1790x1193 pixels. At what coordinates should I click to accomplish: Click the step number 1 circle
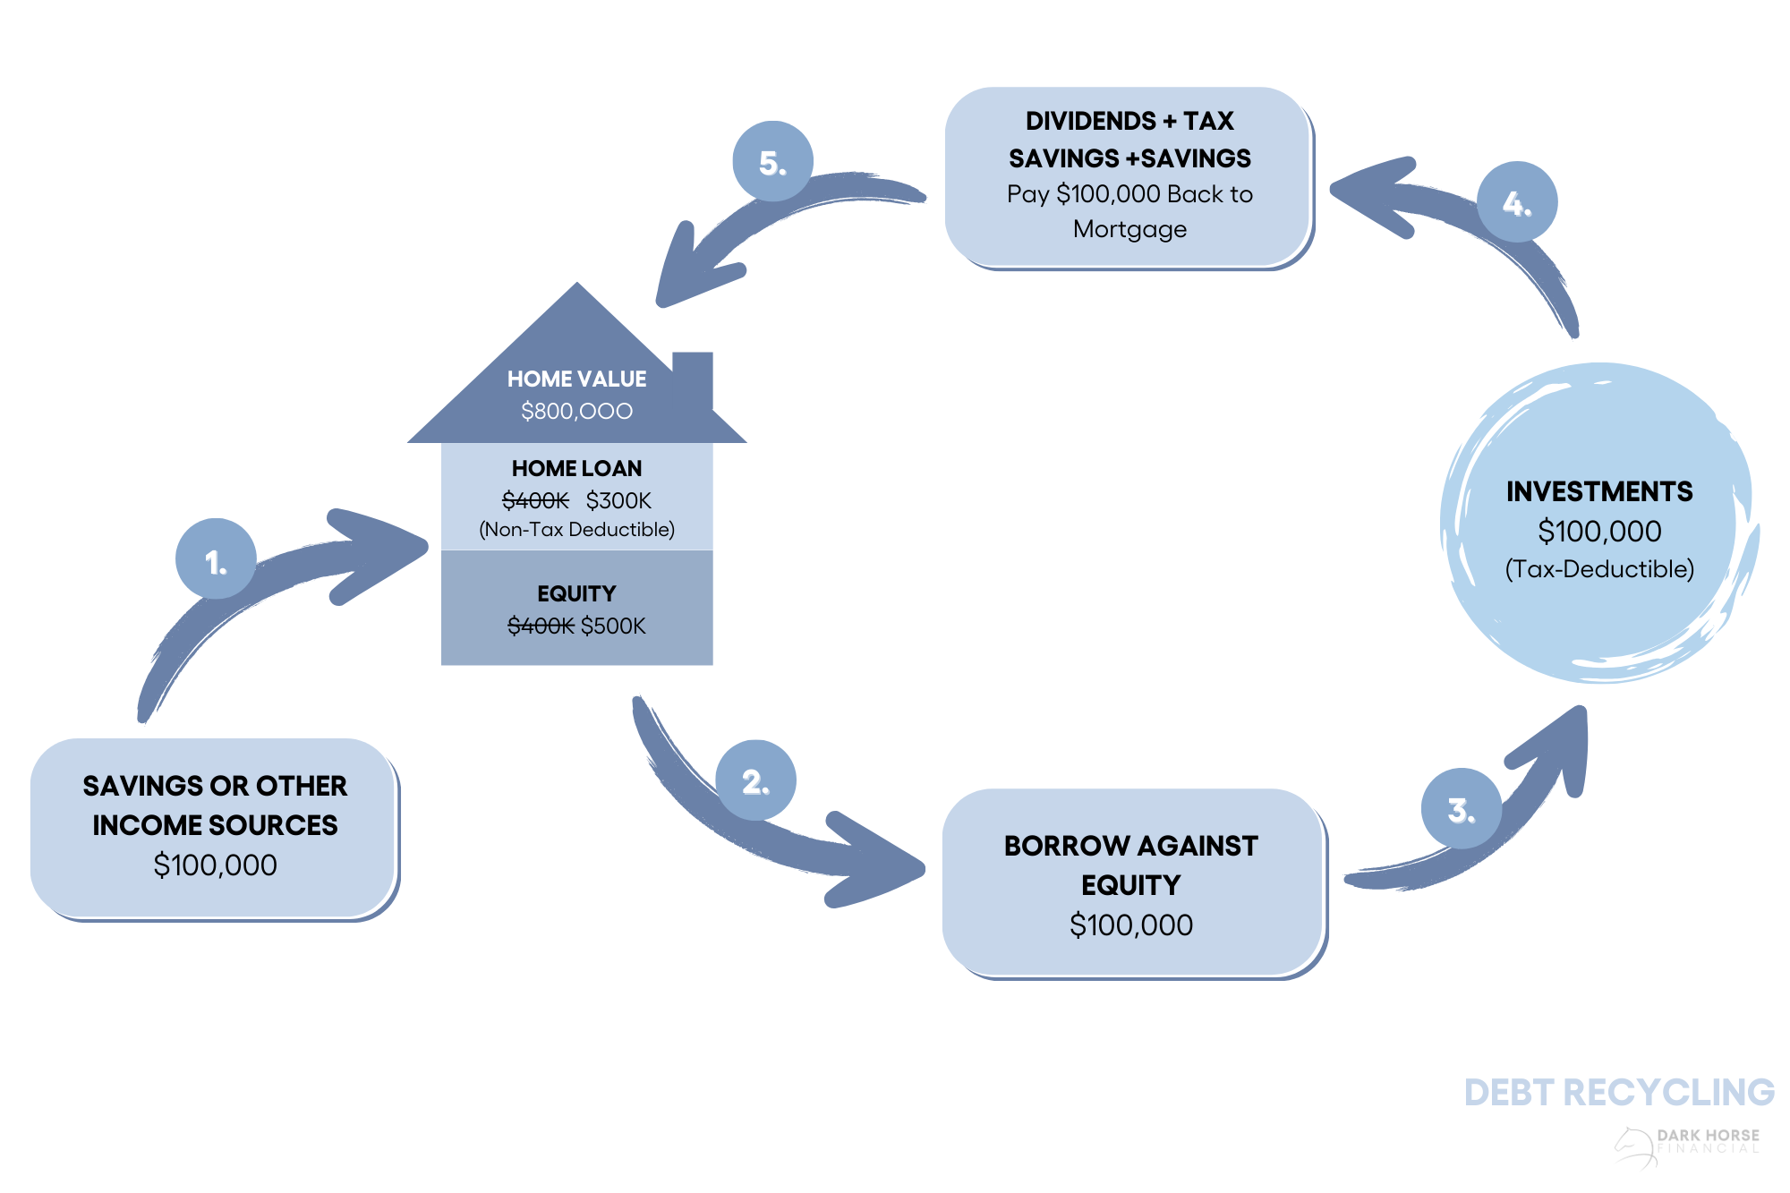pos(216,558)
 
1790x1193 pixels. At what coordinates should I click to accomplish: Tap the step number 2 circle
pos(756,780)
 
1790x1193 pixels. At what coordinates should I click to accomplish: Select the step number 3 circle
pos(1461,808)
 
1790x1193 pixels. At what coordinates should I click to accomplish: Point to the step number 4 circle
pos(1516,202)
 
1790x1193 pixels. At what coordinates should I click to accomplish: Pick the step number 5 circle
pos(772,161)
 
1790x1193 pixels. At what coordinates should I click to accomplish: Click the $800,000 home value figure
pos(576,411)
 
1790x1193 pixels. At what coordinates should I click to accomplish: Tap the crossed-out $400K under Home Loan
pos(535,500)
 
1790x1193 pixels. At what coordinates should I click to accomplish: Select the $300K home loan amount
pos(618,500)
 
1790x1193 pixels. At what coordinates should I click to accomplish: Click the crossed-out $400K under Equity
pos(540,626)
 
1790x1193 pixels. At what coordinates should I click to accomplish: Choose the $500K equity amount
pos(613,626)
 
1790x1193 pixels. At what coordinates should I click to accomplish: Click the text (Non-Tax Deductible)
pos(576,530)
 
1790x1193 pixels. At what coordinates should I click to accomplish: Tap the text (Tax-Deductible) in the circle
pos(1599,569)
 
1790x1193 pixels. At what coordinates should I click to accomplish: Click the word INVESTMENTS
pos(1599,491)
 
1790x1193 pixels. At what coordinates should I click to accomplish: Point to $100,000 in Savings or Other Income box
pos(215,865)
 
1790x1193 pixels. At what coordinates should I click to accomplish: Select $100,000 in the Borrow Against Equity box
pos(1131,925)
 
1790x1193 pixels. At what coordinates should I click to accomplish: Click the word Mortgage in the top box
pos(1129,229)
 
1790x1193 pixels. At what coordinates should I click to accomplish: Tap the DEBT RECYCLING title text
pos(1619,1093)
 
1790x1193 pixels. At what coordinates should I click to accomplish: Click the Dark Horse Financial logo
pos(1687,1145)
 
